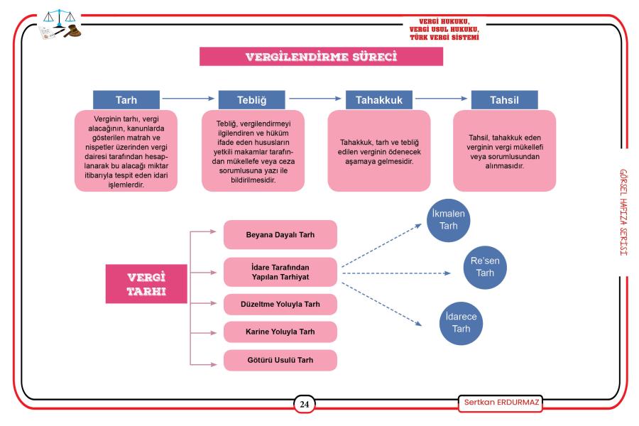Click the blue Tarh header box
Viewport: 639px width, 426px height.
click(126, 100)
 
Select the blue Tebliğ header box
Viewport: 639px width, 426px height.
click(252, 100)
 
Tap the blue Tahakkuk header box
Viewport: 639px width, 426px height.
click(379, 100)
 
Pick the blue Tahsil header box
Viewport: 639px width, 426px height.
click(505, 100)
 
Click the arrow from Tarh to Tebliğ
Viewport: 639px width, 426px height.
click(188, 98)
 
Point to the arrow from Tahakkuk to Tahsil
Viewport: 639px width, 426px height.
click(442, 98)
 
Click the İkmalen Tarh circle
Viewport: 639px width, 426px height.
click(448, 220)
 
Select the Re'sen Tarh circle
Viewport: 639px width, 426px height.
click(485, 268)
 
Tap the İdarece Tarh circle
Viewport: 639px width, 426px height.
click(461, 323)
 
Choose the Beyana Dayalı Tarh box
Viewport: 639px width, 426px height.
click(280, 235)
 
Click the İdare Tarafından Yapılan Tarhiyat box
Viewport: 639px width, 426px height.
click(280, 272)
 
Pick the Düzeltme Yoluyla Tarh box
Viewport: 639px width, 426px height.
click(280, 304)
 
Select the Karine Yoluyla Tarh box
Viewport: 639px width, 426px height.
click(280, 332)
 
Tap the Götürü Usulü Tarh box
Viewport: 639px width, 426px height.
click(280, 361)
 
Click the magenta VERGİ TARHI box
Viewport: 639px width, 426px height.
click(146, 284)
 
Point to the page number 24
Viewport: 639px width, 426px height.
click(305, 405)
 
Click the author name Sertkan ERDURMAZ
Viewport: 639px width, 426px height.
click(501, 403)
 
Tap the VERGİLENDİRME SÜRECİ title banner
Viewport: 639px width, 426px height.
click(321, 56)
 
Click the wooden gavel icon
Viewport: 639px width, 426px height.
click(72, 31)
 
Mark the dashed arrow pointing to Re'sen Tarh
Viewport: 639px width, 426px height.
click(396, 273)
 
